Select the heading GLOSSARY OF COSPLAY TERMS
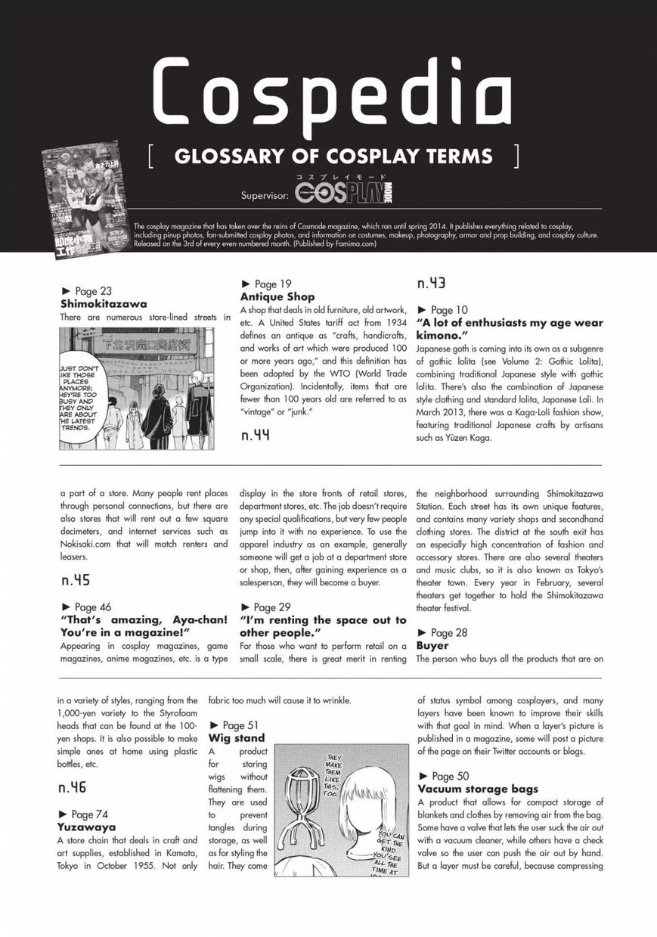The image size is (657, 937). coord(333,157)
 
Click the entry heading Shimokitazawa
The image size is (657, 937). coord(104,304)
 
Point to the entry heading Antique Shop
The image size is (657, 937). coord(277,296)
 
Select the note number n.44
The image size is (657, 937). coord(256,435)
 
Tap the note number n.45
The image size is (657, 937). coord(76,581)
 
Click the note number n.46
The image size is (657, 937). coord(73,787)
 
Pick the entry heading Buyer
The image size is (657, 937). coord(432,646)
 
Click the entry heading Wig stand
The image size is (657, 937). coord(237,738)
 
